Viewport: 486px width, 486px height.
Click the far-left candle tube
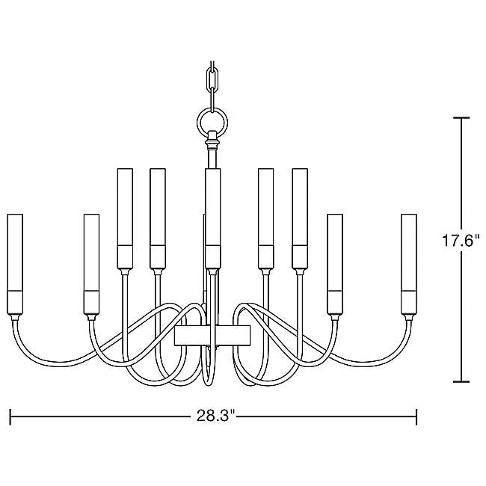14,264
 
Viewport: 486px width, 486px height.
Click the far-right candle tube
408,264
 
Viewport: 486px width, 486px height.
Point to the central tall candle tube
213,218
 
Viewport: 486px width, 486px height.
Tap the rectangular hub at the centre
212,335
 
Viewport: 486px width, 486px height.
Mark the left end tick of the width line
11,416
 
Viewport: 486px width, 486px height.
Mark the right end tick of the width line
416,416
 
